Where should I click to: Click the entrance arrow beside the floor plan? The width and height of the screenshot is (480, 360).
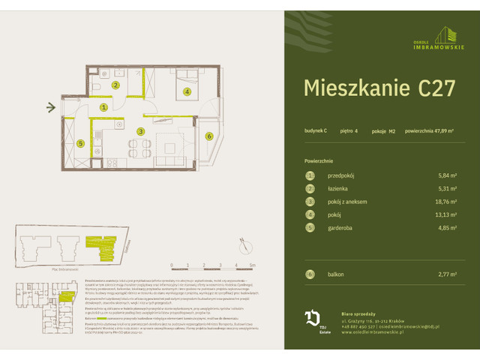(x=51, y=108)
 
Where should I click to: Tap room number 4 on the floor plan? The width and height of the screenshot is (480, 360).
(x=187, y=91)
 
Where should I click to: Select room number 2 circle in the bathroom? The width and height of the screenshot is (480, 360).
(x=115, y=85)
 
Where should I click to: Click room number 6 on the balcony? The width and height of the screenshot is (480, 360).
(x=209, y=136)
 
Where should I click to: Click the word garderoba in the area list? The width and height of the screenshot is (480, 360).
(x=345, y=227)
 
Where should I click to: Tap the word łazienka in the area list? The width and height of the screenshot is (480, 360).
(x=341, y=188)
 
